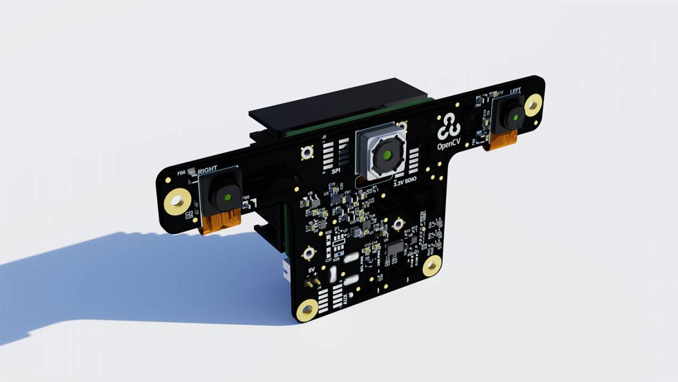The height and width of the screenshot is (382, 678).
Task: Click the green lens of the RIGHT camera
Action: point(227,197)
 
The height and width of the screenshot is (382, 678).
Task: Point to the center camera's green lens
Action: point(387,155)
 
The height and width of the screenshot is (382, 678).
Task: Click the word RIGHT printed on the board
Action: point(207,170)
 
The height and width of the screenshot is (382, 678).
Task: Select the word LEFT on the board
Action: point(515,91)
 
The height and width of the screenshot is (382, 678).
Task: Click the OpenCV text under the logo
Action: point(449,146)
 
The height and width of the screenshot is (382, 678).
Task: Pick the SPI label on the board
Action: point(335,171)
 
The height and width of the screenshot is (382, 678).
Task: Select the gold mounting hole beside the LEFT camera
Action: point(533,105)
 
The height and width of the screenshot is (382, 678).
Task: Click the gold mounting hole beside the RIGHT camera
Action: point(177,202)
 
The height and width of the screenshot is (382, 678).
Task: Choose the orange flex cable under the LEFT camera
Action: point(501,140)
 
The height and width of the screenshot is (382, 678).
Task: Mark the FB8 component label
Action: point(181,173)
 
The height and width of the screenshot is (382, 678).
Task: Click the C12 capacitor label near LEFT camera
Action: point(499,93)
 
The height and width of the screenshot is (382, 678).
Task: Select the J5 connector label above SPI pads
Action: point(324,137)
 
